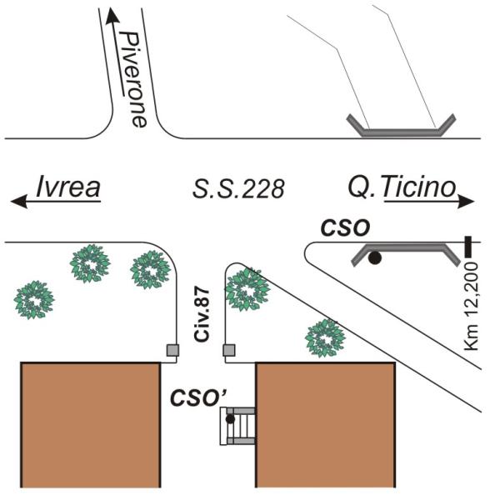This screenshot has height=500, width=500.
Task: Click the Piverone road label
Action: (x=134, y=80)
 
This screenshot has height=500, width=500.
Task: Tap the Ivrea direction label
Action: (x=68, y=187)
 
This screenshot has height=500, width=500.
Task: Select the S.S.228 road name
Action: (x=238, y=189)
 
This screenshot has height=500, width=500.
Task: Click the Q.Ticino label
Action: (x=402, y=187)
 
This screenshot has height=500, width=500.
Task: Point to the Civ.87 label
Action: (x=202, y=315)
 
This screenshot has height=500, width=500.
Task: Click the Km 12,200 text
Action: (x=472, y=306)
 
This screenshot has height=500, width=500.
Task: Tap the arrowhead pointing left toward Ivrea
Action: (x=19, y=202)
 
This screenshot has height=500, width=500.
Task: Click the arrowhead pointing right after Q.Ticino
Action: (x=466, y=202)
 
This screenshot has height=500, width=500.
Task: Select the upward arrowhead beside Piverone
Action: (x=112, y=16)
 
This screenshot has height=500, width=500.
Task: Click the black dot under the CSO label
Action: (x=375, y=257)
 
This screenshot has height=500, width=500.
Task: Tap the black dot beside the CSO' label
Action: (x=230, y=419)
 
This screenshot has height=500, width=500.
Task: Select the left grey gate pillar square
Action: (x=172, y=350)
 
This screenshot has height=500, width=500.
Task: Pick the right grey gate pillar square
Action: (x=229, y=350)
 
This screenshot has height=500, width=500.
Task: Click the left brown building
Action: (x=91, y=425)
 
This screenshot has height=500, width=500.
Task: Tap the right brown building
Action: (x=326, y=425)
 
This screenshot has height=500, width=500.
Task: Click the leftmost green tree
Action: (x=34, y=300)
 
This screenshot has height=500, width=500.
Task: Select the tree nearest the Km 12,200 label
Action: (x=325, y=338)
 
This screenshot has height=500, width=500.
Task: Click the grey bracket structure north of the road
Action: (x=401, y=127)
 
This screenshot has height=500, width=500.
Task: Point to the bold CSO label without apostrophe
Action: (x=345, y=227)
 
